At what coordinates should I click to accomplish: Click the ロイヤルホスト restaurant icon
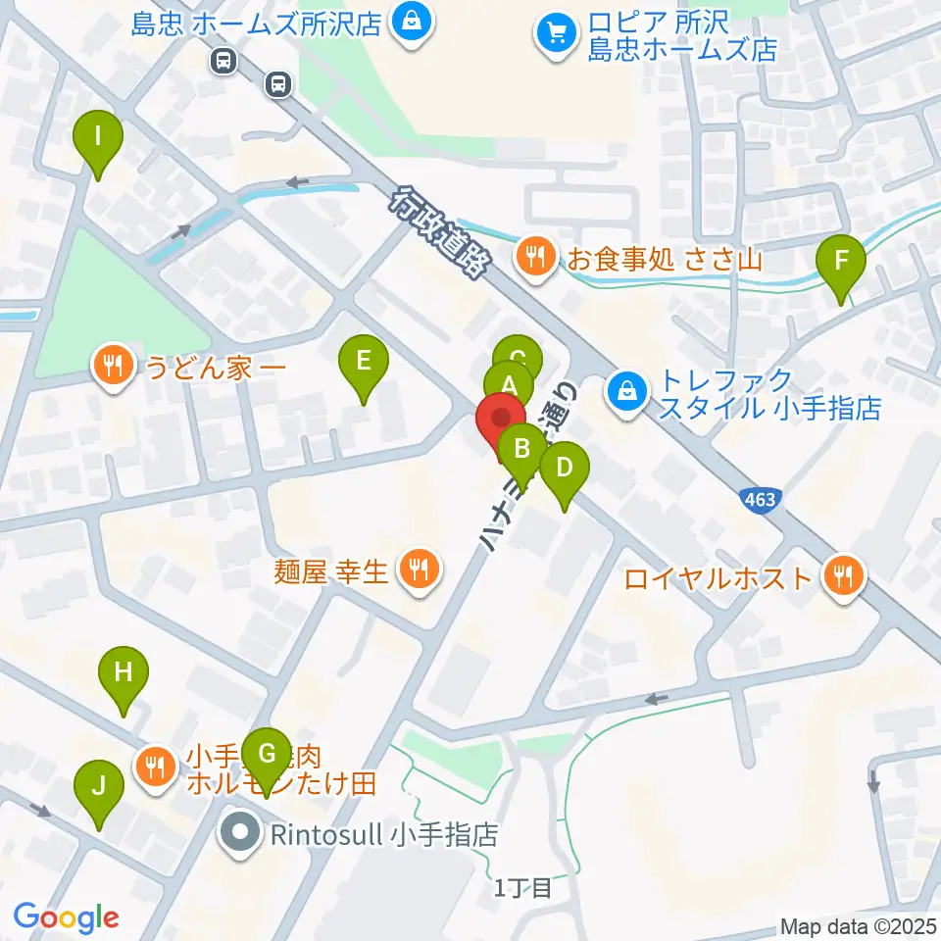843,576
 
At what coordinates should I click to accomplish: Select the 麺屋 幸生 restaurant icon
419,568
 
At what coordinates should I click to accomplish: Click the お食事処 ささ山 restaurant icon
534,259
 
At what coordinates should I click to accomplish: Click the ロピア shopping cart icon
555,34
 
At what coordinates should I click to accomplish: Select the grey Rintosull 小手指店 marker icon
241,836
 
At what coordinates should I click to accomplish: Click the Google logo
66,917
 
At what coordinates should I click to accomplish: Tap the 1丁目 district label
523,888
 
